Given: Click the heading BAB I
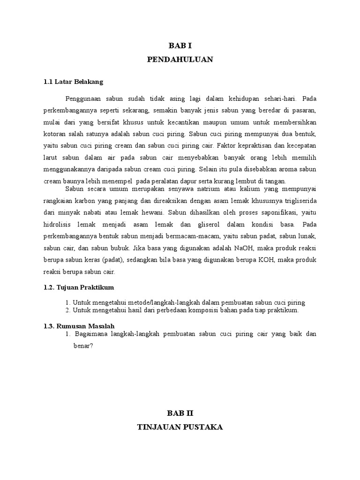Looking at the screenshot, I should [180, 46].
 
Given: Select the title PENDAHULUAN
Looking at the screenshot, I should [180, 59].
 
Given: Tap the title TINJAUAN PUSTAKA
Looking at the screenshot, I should [180, 427].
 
